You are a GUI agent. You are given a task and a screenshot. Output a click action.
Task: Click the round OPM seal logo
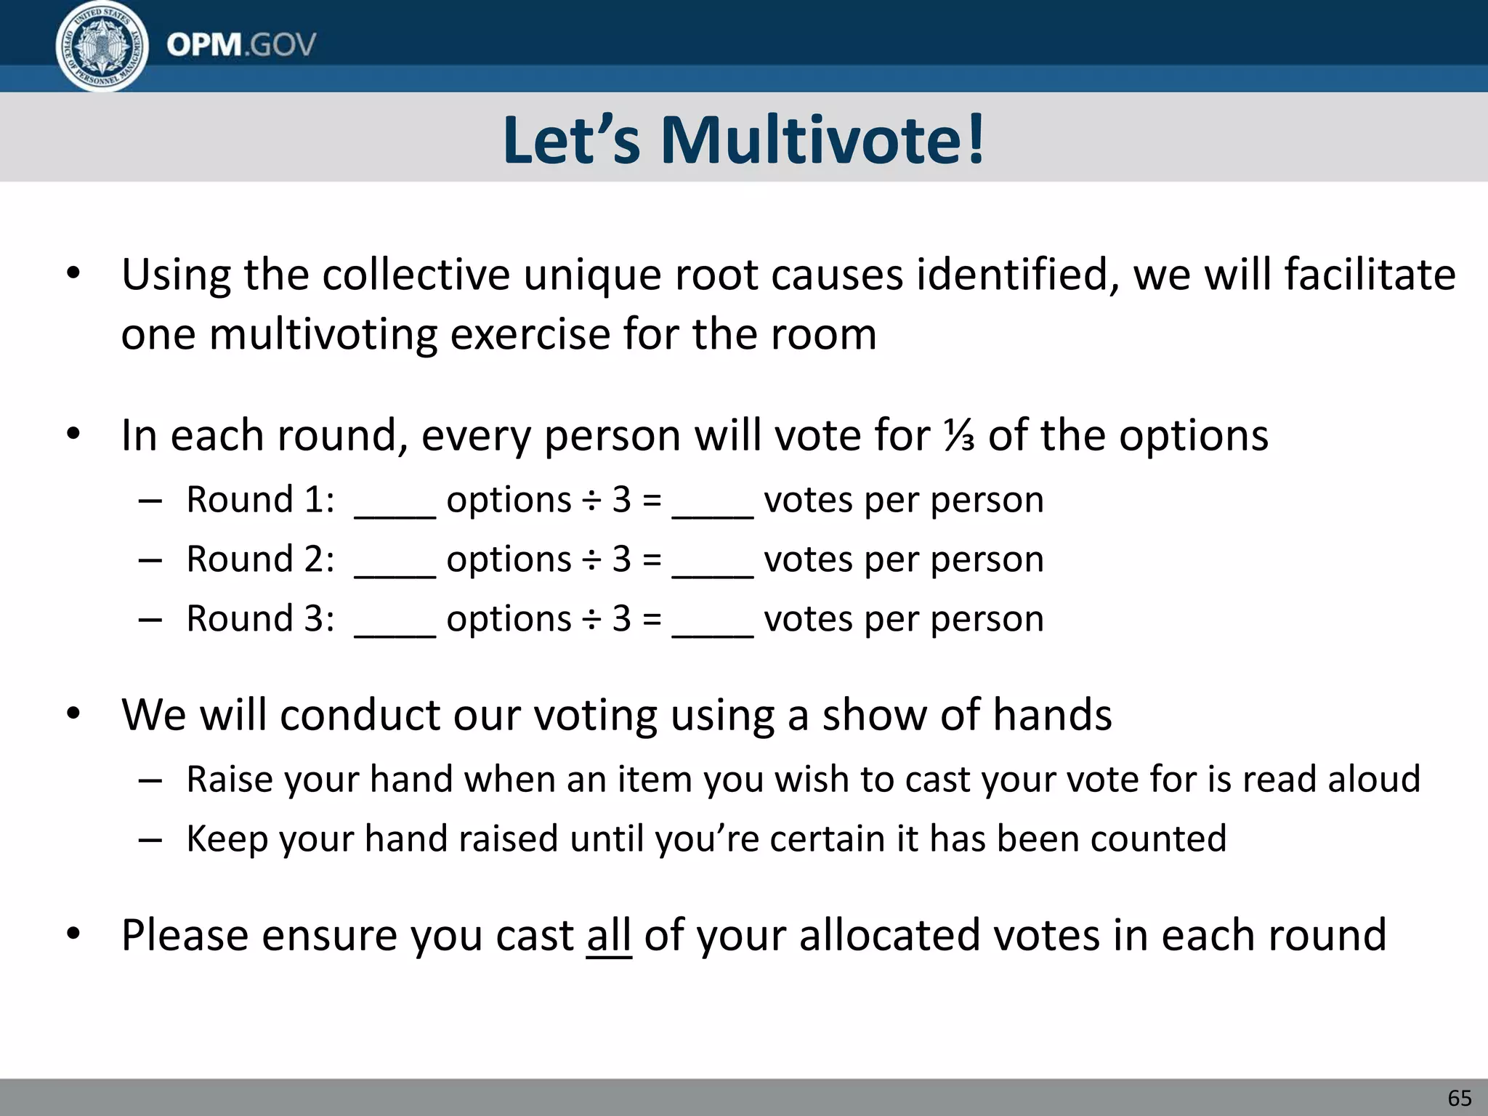(x=102, y=46)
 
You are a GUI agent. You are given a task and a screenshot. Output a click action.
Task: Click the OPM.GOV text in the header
(x=241, y=45)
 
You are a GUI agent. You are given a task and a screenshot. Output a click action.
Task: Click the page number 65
(x=1459, y=1098)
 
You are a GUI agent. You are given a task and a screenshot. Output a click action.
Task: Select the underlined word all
(x=609, y=935)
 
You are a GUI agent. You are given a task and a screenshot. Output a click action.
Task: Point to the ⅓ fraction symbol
(x=959, y=436)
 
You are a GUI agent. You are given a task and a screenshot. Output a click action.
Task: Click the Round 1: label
(x=260, y=500)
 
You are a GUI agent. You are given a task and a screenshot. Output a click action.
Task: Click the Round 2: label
(x=260, y=559)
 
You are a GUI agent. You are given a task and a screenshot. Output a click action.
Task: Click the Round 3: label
(x=260, y=619)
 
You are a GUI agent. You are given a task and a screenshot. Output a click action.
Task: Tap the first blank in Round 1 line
(x=395, y=509)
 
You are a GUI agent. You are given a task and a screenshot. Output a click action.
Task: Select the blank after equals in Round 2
(x=712, y=568)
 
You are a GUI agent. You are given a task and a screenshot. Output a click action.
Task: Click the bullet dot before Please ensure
(x=73, y=934)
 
